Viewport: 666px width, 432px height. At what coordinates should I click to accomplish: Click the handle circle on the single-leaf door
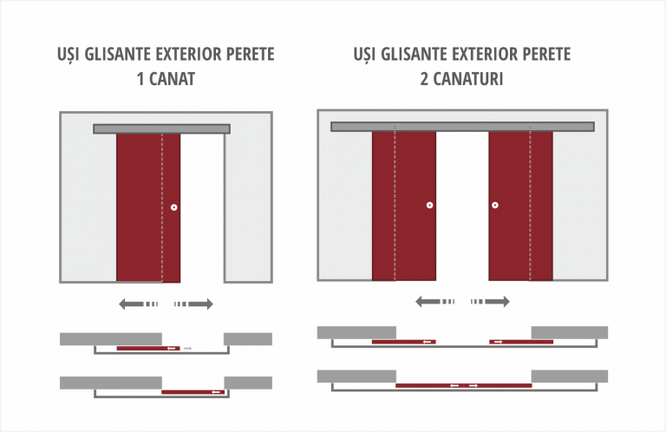coord(173,207)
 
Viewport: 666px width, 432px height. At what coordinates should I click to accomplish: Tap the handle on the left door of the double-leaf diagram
coord(429,206)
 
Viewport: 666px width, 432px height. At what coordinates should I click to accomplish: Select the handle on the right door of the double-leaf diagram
coord(495,206)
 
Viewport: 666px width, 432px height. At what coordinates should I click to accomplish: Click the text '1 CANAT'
coord(166,79)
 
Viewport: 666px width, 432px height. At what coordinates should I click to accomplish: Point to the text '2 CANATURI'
coord(461,79)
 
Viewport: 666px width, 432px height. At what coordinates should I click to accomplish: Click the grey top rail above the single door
coord(162,128)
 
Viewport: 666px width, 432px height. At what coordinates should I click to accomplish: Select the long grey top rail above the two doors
coord(462,127)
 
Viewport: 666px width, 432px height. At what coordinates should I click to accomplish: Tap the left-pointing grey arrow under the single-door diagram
coord(138,304)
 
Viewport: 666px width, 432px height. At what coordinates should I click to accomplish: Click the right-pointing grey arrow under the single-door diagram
coord(193,304)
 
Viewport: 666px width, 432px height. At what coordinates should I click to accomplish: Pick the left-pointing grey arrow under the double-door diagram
coord(434,302)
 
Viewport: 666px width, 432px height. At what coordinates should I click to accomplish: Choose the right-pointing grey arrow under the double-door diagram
coord(490,302)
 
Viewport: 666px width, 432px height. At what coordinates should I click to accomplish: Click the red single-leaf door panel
coord(148,207)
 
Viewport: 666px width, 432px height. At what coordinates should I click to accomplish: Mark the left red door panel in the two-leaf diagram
coord(404,206)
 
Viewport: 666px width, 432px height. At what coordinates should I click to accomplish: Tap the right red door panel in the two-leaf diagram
coord(520,206)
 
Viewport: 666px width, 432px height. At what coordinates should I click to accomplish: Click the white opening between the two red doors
coord(462,206)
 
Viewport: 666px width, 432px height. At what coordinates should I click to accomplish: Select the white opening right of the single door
coord(202,207)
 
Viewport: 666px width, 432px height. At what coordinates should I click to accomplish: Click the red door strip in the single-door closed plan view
coord(193,392)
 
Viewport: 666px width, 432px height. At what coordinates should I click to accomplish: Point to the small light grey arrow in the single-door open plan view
coord(187,349)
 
